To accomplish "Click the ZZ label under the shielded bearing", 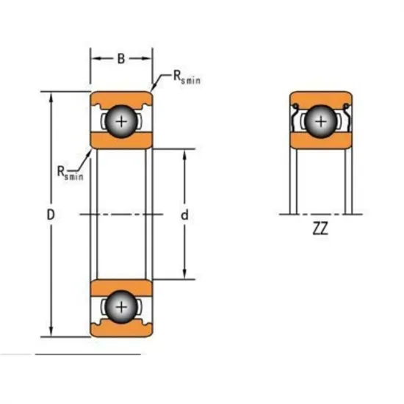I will click(320, 228).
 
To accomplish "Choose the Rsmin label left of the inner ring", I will click(70, 173).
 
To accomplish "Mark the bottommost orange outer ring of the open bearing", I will click(121, 330).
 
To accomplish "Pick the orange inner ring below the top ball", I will click(121, 141).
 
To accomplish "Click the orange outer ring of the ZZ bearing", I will click(320, 98).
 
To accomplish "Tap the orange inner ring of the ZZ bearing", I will click(320, 141).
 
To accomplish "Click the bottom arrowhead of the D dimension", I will click(50, 333).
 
